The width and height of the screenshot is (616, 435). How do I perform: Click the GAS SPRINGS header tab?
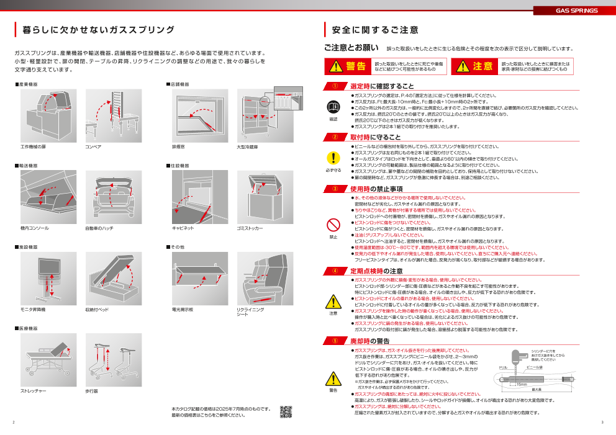[576, 11]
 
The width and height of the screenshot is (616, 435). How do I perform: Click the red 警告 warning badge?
[347, 66]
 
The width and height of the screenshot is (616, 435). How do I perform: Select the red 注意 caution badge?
[474, 66]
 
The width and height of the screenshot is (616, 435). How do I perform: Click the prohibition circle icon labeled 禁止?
[333, 223]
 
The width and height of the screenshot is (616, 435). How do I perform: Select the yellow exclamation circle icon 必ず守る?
[333, 158]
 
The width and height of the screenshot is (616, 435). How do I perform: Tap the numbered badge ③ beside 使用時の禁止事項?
[335, 189]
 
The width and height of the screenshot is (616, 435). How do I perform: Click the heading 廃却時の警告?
[370, 341]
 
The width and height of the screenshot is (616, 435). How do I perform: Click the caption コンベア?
[93, 147]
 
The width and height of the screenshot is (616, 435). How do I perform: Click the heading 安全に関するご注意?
[375, 30]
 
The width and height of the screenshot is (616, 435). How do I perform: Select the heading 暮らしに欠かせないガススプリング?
[98, 30]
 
